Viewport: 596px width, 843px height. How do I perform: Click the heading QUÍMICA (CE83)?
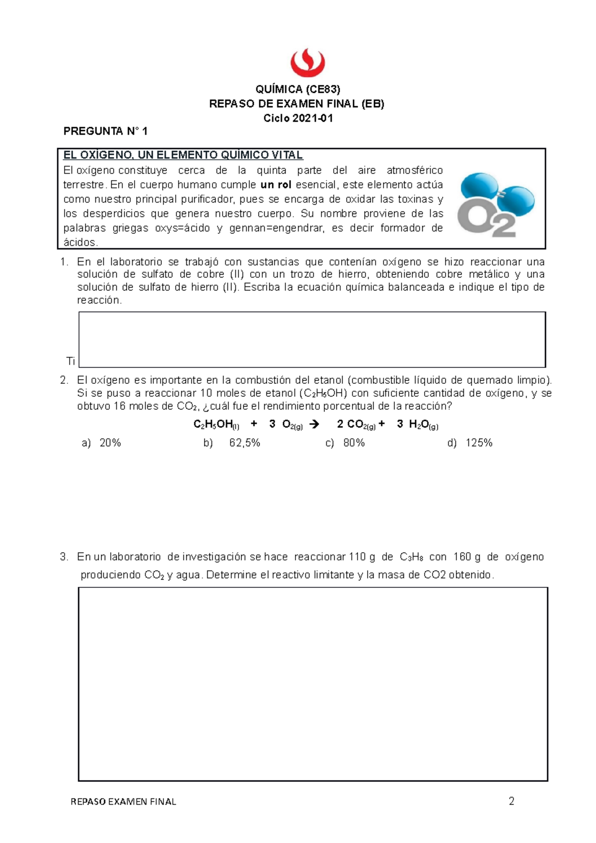click(x=298, y=89)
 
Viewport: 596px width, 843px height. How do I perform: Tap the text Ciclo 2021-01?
click(x=298, y=118)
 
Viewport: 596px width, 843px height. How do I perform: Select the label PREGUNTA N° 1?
click(x=105, y=132)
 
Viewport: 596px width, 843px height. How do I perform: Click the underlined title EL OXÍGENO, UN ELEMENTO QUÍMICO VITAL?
click(x=183, y=155)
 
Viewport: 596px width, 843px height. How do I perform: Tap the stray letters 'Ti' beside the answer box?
click(x=71, y=361)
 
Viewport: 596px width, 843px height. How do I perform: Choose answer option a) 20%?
click(x=101, y=443)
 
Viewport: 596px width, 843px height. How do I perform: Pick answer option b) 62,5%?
click(x=231, y=443)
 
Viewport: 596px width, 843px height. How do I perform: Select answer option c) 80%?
click(x=345, y=443)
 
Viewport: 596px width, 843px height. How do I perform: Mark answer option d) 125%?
click(x=470, y=443)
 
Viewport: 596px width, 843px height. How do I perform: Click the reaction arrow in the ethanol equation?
click(x=314, y=424)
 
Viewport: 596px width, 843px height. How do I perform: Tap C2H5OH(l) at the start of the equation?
click(x=216, y=424)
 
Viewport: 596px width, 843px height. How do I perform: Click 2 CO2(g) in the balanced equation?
click(x=356, y=424)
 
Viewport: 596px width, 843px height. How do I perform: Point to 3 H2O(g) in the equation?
click(x=417, y=424)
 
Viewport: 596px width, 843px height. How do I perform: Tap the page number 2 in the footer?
click(x=511, y=801)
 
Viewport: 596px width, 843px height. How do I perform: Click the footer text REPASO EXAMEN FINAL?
click(x=123, y=802)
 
